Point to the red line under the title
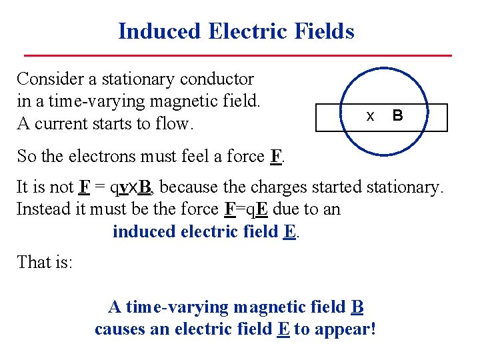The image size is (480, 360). [238, 55]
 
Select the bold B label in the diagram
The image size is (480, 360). [397, 115]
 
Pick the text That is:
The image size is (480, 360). [45, 262]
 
